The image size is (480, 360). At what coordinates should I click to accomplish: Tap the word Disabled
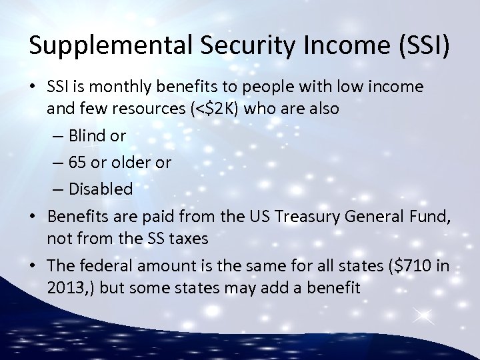(x=100, y=189)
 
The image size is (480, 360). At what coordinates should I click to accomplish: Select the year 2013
(x=64, y=288)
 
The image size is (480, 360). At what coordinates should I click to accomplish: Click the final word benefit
(x=337, y=288)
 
